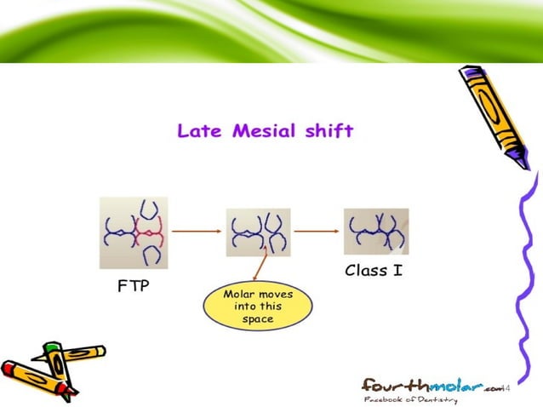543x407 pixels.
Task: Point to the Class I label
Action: tap(374, 272)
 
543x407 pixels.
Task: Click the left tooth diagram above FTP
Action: tap(134, 232)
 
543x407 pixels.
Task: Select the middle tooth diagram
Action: tap(258, 232)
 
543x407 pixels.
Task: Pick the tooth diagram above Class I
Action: tap(376, 231)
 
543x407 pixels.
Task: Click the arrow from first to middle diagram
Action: tap(196, 229)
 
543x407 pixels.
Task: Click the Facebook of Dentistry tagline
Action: tap(410, 399)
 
